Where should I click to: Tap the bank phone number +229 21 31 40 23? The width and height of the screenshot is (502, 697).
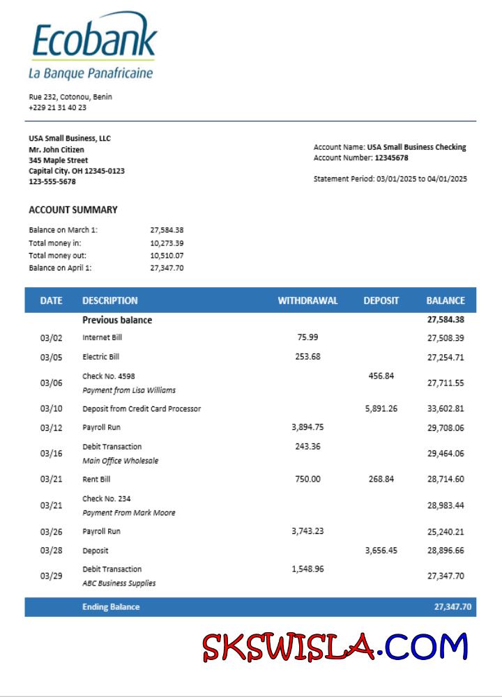point(58,107)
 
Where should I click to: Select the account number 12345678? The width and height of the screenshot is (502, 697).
point(391,158)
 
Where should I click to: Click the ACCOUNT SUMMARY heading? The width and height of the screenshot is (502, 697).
point(73,210)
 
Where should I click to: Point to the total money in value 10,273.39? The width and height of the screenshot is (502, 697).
point(167,243)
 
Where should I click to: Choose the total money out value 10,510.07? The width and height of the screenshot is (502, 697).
point(167,256)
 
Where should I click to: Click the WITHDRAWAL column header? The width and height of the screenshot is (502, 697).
point(307,301)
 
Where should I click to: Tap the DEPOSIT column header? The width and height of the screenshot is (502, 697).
point(381,301)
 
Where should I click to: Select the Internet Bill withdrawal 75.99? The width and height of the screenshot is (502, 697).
point(307,337)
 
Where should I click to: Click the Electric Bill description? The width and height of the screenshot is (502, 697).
point(100,357)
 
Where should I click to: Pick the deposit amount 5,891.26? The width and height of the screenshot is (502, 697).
point(381,408)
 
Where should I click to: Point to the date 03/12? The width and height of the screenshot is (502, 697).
point(51,428)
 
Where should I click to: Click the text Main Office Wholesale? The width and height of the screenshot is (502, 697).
point(120,461)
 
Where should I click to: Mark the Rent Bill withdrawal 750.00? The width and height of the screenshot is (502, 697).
point(307,479)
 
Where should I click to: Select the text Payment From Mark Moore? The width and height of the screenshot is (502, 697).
point(128,513)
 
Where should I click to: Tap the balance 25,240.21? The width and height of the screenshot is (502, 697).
point(446,532)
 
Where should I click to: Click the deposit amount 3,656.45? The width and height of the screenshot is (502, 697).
point(381,551)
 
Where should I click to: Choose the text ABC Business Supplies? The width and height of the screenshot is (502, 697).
point(119,583)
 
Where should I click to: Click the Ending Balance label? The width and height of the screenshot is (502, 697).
point(111,607)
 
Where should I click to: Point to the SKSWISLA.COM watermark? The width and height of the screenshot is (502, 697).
point(335,647)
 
